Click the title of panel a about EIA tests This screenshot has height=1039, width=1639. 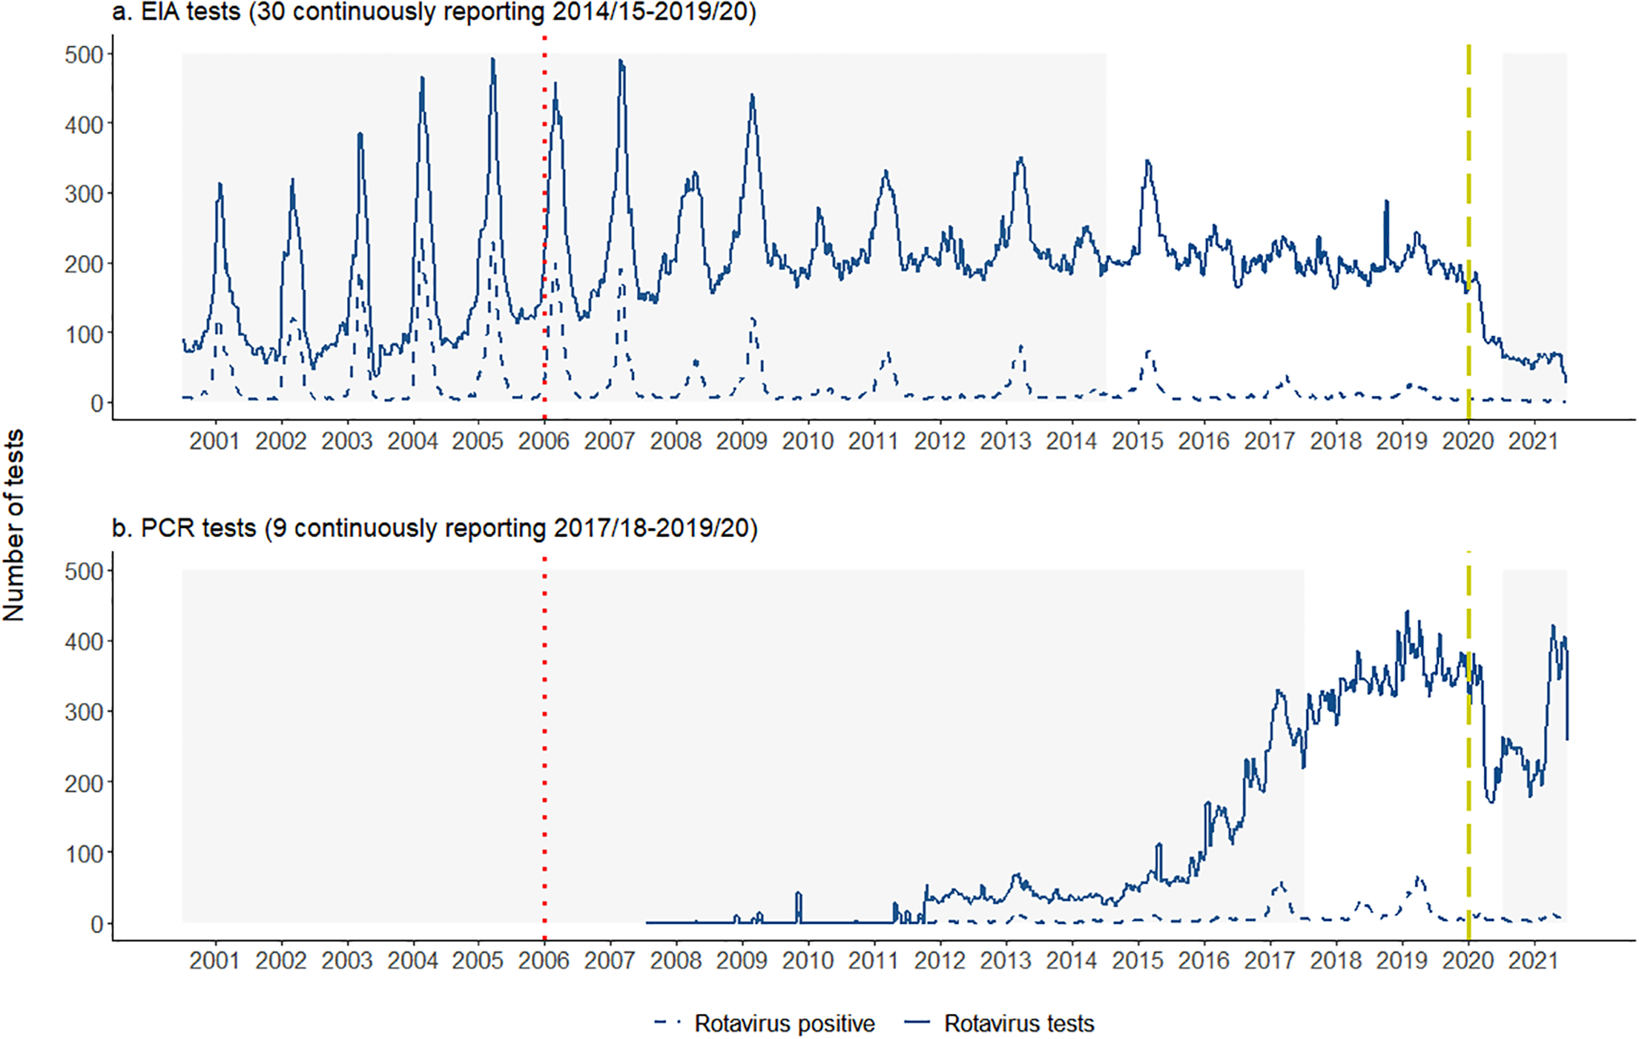434,14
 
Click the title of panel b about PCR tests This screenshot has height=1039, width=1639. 434,528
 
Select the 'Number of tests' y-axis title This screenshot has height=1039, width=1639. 14,525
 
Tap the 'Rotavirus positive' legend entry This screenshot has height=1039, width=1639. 783,1023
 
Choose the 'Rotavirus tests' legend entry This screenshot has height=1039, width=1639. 1018,1023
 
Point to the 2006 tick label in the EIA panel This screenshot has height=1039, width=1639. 544,440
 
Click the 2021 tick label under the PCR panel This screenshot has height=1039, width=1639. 1533,959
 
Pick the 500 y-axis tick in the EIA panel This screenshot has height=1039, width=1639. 84,55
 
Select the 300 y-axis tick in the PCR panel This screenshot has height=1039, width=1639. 84,712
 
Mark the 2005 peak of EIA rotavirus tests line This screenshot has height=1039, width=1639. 493,60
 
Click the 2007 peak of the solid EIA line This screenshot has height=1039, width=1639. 620,62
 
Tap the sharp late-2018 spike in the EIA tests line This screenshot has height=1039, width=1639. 1386,202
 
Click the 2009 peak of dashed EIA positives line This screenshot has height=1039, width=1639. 753,320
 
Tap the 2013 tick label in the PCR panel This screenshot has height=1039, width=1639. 1005,959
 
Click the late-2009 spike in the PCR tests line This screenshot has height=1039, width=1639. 799,894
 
